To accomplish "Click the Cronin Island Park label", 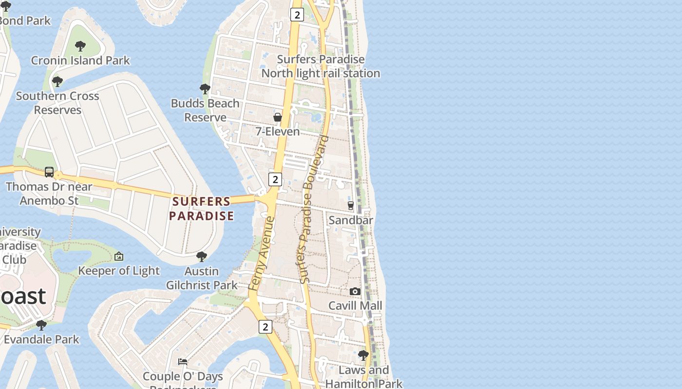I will coord(80,61).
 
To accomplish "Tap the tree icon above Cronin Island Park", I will coord(80,46).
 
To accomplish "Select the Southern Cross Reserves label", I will coord(57,103).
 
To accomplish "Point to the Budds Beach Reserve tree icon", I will coord(205,89).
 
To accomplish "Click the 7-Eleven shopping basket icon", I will coord(277,117).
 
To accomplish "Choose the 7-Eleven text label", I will coord(278,132).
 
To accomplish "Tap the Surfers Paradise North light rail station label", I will coord(321,66).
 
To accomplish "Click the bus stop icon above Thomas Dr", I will coord(49,172).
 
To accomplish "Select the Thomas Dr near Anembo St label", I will coord(49,194).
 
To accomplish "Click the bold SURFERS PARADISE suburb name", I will coord(202,209).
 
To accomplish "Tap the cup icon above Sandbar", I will coord(351,206).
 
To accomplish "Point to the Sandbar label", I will coord(351,220).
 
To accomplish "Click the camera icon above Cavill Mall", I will coord(355,291).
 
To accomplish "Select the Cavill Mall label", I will coord(355,306).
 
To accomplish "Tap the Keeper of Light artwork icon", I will coord(119,256).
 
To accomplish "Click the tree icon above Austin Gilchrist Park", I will coord(201,256).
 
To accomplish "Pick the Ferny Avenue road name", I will coord(262,254).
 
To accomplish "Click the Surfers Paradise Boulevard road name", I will coord(312,209).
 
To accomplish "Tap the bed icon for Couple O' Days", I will coord(183,361).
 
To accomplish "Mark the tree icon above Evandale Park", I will coord(41,324).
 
